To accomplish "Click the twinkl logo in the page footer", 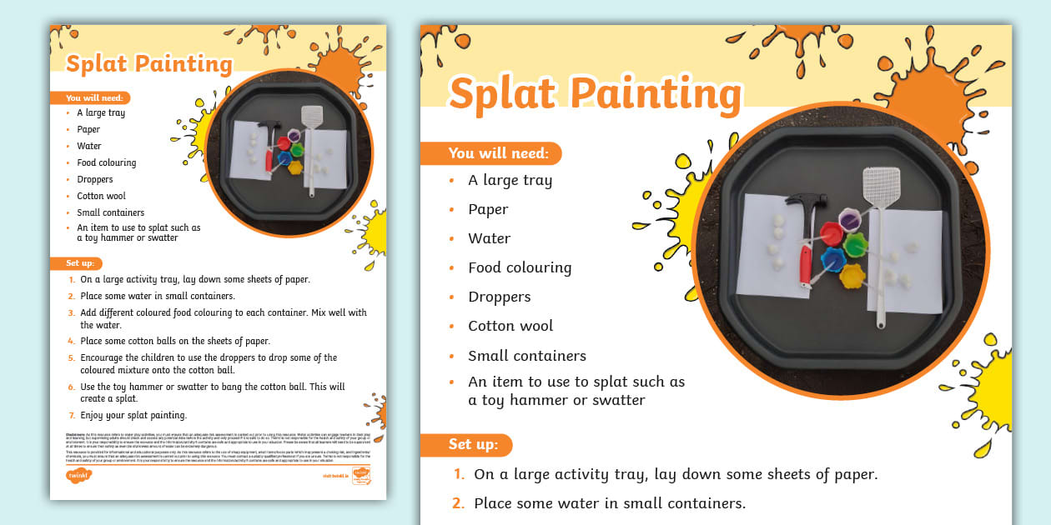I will [x=78, y=475].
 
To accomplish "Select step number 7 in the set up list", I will [x=72, y=415].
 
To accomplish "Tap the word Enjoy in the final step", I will [x=92, y=415].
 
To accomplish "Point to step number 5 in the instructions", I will [x=72, y=357].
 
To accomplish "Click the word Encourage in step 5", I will [x=103, y=357].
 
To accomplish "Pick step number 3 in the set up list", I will [x=72, y=312].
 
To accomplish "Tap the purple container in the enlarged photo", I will [x=850, y=220].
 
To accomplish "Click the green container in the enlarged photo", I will [x=856, y=245].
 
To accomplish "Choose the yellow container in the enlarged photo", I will [x=852, y=275].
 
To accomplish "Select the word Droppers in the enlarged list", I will [x=499, y=297].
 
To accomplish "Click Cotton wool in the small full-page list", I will [x=102, y=196].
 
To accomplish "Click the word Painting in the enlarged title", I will [x=660, y=93].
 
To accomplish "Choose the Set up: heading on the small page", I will [x=84, y=263].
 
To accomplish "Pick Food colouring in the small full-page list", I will [x=107, y=162].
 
